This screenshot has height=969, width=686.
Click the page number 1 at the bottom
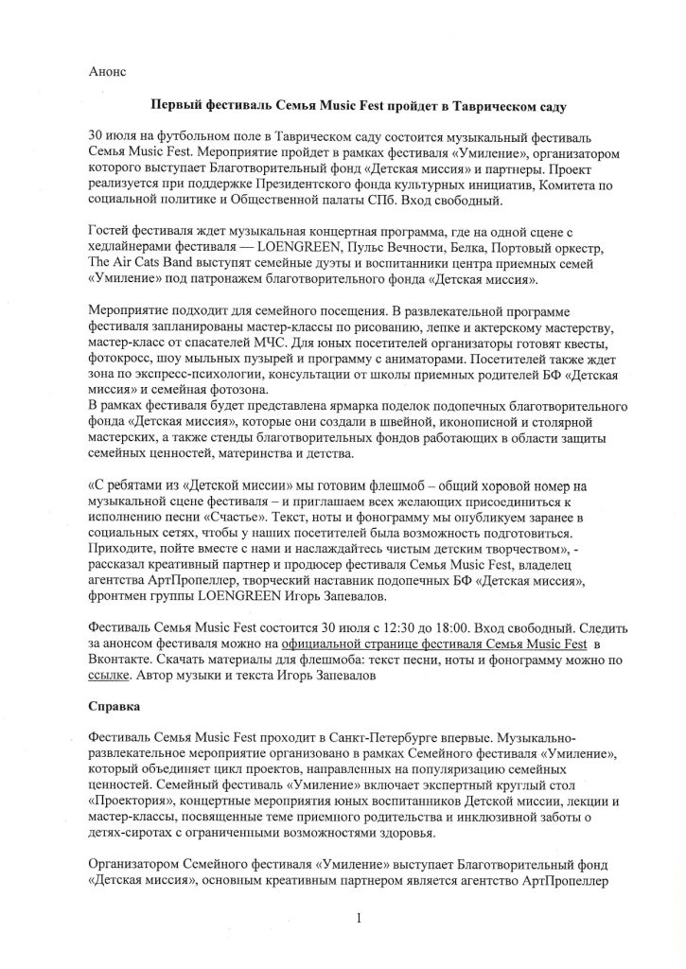(x=361, y=917)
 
